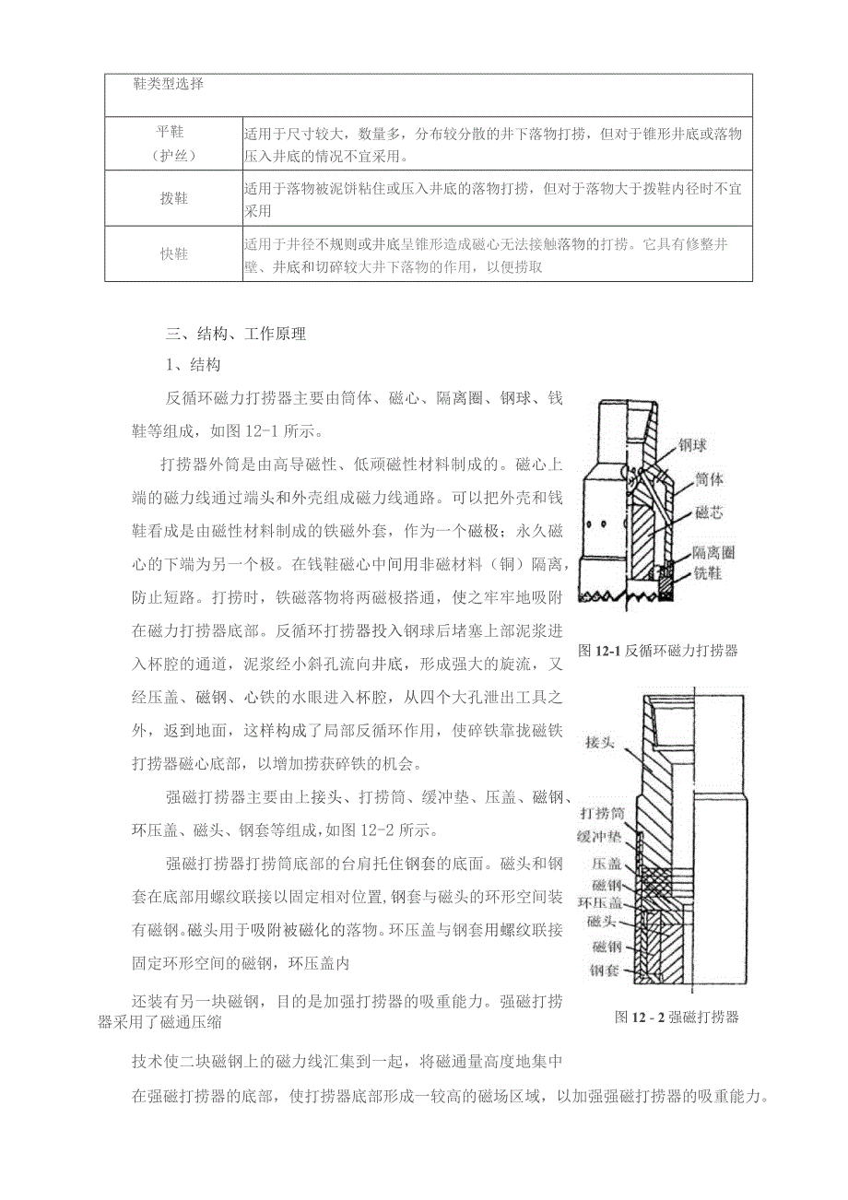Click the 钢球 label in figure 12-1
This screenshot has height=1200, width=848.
point(693,445)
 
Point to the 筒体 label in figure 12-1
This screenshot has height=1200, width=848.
point(709,480)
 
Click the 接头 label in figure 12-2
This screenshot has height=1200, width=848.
point(602,742)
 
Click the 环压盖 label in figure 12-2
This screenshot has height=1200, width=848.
point(601,902)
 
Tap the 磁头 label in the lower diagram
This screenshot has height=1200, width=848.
point(606,921)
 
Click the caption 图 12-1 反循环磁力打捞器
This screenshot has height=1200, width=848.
point(658,651)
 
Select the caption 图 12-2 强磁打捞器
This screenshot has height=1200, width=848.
point(677,1018)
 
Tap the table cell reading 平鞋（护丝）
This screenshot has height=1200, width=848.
point(173,144)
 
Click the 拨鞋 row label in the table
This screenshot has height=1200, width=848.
point(173,198)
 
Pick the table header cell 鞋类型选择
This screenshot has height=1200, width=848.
point(169,85)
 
